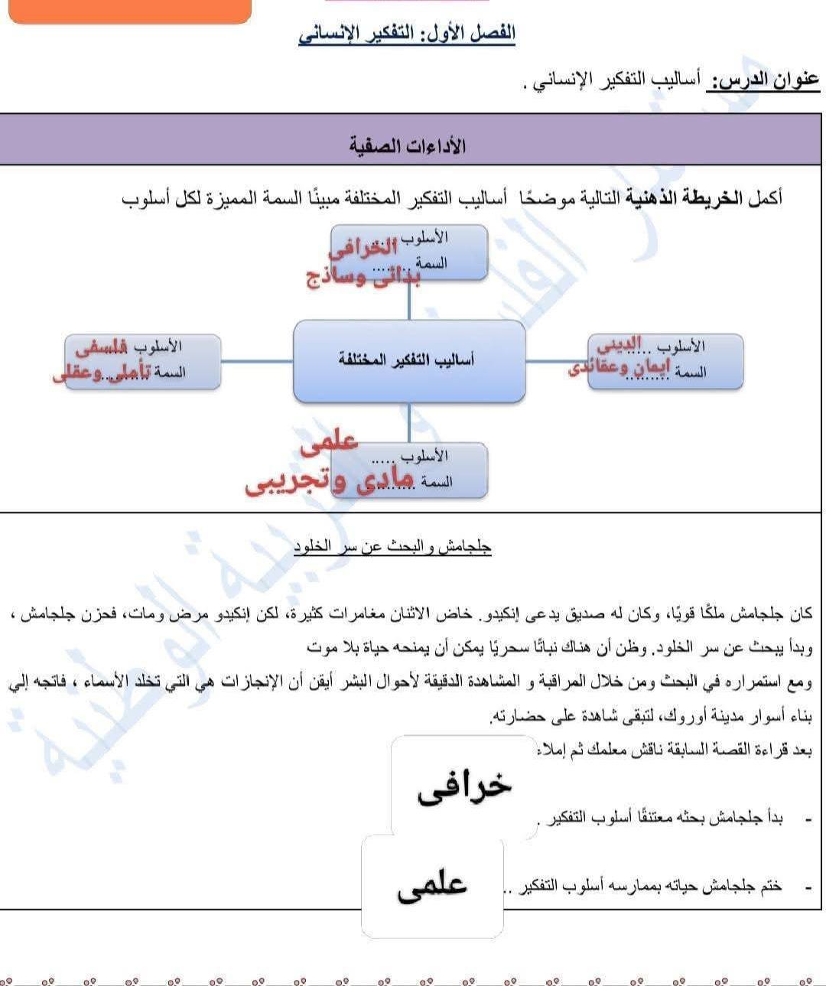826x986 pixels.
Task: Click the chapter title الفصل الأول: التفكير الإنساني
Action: [406, 34]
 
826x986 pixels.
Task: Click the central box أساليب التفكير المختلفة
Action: [408, 360]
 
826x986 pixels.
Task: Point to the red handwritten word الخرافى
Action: [364, 249]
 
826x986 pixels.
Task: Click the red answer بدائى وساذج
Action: [364, 277]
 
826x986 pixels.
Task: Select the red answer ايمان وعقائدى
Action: [619, 369]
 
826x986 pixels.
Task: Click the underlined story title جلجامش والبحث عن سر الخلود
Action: [392, 547]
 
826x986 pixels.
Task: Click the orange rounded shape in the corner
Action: [130, 10]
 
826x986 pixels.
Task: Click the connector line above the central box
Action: [409, 300]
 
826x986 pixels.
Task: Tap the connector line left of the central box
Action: [257, 361]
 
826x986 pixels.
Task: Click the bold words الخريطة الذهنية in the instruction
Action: [674, 200]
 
